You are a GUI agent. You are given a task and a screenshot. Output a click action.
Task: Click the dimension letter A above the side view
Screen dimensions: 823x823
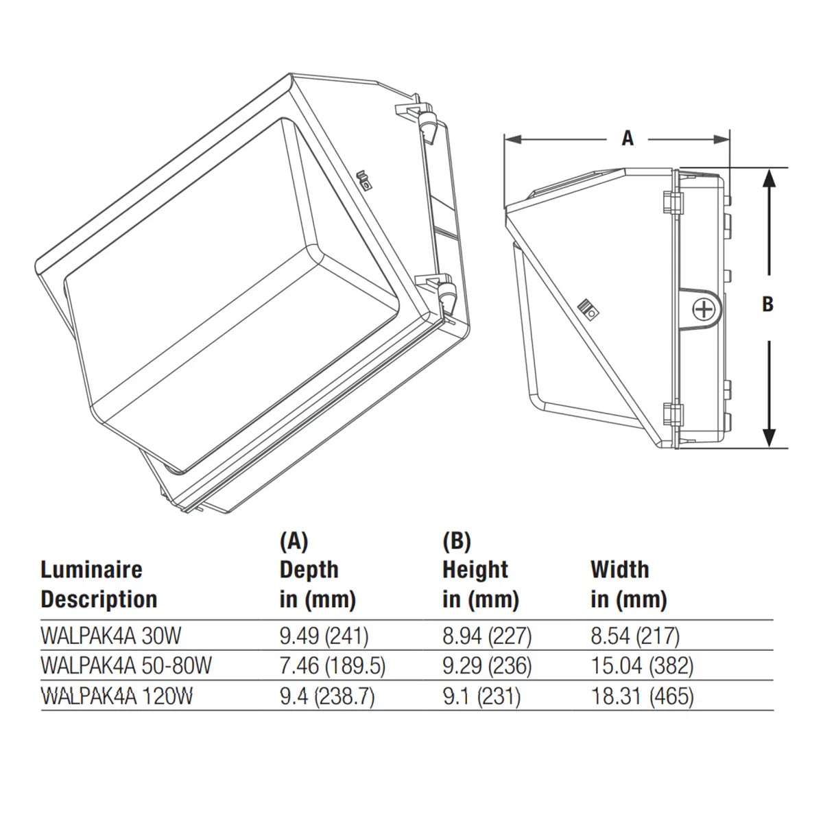point(628,139)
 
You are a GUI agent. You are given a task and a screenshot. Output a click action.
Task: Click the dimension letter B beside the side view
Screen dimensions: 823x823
point(767,305)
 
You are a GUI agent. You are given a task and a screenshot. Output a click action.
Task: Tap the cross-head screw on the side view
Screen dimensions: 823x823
point(702,309)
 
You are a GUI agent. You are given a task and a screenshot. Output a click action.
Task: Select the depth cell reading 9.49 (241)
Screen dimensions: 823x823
point(324,636)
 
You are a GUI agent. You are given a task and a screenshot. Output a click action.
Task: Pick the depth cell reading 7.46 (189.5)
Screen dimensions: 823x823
point(332,666)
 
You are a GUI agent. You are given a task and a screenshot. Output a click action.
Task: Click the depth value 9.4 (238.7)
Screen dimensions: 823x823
point(327,696)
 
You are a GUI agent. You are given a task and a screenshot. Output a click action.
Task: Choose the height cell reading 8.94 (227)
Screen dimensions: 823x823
point(487,636)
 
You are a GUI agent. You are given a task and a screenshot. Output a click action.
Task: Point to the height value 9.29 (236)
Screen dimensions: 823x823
point(487,666)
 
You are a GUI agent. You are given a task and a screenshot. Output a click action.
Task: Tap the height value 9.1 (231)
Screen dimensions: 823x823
point(481,696)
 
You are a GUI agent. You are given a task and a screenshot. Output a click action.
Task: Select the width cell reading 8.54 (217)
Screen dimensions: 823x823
point(635,636)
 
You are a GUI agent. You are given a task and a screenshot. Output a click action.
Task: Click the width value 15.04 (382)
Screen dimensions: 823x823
point(643,666)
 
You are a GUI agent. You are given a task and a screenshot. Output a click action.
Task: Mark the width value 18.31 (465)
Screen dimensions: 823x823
point(643,696)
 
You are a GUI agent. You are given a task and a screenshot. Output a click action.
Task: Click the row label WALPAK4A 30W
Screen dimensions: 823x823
point(111,636)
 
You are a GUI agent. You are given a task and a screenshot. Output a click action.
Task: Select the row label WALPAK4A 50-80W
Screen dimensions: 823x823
point(126,666)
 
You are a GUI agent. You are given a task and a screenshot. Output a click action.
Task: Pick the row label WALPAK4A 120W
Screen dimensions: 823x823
point(117,696)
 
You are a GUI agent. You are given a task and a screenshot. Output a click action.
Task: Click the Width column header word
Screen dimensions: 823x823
point(620,569)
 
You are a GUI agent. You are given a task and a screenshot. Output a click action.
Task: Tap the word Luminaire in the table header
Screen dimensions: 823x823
point(91,570)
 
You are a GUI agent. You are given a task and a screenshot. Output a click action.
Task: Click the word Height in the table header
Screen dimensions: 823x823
point(475,570)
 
